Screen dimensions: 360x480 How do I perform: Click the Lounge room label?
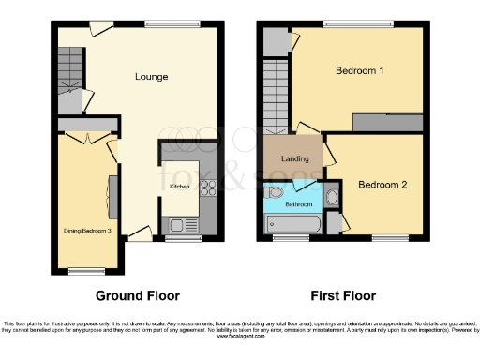point(151,76)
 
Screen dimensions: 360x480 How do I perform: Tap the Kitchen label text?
point(179,187)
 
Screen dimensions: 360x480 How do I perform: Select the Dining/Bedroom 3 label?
point(82,229)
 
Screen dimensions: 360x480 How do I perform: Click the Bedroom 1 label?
point(361,70)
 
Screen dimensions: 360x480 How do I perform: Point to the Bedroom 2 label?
point(382,185)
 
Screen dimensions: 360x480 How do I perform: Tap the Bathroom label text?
point(299,203)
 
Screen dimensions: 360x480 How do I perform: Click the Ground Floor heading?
point(138,295)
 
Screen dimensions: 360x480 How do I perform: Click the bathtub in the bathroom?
point(293,224)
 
